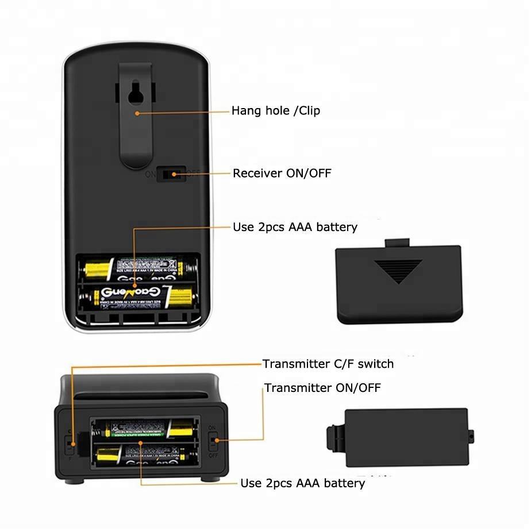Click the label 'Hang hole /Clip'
point(276,111)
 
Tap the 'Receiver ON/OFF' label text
point(282,173)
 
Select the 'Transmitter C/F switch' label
point(328,364)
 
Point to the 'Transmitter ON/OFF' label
point(322,388)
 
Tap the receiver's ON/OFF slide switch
point(171,173)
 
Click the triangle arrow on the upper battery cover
point(398,271)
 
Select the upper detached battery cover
point(399,282)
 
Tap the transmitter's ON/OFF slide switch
point(213,442)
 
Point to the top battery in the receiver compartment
point(138,266)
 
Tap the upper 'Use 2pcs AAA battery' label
point(295,227)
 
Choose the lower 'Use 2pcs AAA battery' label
point(302,483)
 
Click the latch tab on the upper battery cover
point(398,243)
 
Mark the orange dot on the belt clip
point(137,113)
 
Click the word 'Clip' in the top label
point(309,111)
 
